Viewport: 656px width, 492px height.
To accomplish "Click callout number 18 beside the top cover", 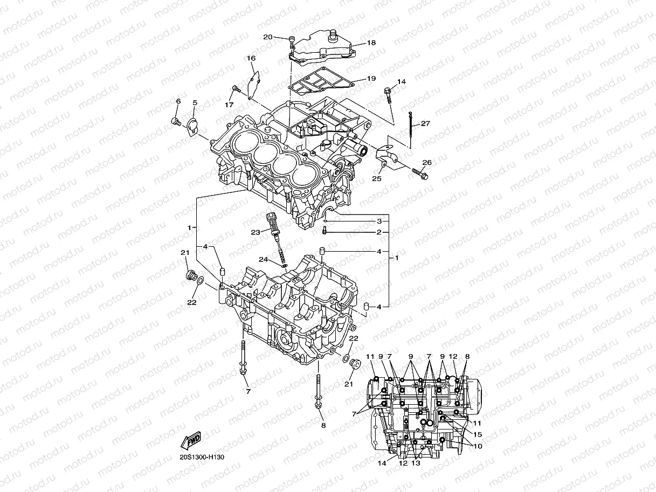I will (x=371, y=43).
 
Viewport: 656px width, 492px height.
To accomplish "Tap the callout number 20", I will (x=268, y=37).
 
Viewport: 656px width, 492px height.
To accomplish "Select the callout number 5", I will (x=195, y=102).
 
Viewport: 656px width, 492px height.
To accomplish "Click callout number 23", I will (x=255, y=232).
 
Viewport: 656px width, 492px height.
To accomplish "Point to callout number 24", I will (x=263, y=259).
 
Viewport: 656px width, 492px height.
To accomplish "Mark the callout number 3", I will (x=379, y=221).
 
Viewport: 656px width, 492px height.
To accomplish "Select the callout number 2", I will (x=379, y=232).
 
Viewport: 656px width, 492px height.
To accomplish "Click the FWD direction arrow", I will (x=192, y=442).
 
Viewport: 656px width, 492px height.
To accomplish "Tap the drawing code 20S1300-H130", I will (x=202, y=458).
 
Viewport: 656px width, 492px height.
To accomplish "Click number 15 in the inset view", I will (x=478, y=434).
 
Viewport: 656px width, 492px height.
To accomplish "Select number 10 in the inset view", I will (x=478, y=446).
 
